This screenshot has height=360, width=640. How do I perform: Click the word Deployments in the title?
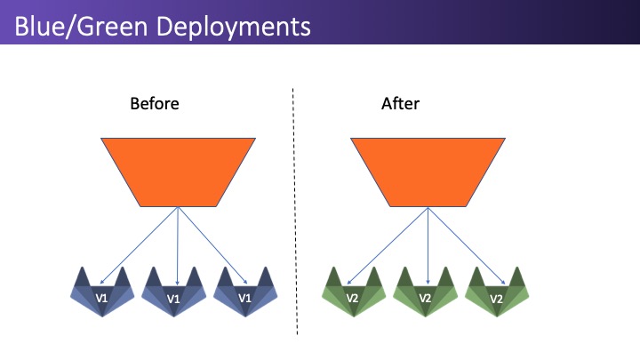coord(233,28)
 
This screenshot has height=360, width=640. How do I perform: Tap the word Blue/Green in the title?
coord(81,27)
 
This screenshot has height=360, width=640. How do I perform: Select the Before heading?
coord(155,104)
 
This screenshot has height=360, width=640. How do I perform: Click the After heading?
coord(400,104)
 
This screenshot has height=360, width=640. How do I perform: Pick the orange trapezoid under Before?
coord(178,172)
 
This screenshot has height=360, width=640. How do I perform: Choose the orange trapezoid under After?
coord(428,172)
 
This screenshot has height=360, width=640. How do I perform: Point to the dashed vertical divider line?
coord(295,212)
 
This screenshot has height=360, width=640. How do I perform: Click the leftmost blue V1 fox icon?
coord(102,292)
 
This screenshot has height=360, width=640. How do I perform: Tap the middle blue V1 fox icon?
coord(173,292)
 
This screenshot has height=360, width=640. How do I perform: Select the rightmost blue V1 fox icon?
coord(245,292)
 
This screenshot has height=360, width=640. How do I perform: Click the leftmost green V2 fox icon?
coord(354,292)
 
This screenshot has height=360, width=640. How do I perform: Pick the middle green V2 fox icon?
coord(425,292)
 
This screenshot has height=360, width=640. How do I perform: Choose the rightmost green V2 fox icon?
coord(497,292)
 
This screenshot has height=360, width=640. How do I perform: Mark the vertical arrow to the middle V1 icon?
coord(178,246)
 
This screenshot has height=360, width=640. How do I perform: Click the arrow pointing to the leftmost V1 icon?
coord(139,245)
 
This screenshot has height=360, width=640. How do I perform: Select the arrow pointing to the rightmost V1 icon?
coord(212,245)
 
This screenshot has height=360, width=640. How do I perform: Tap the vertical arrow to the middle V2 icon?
coord(428,245)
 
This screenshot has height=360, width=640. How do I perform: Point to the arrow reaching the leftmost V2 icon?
coord(388,245)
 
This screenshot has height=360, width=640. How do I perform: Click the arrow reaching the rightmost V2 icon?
coord(467,245)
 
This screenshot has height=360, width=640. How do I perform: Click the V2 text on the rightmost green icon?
coord(496,299)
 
